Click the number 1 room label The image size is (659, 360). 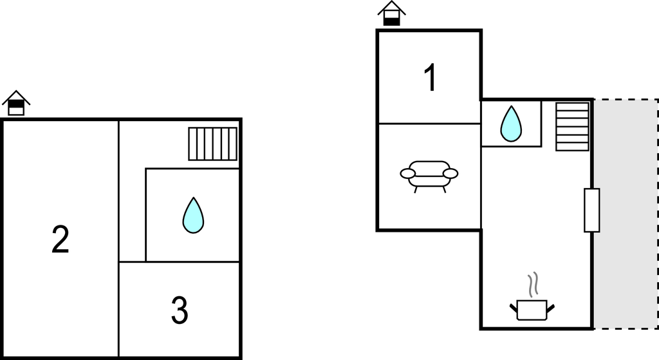pos(431,77)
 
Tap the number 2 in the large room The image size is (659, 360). pos(60,240)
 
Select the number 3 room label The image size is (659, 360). pos(180,310)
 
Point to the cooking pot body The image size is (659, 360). pos(532,310)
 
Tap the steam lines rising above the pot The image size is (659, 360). pos(534,285)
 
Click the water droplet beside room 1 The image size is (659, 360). pos(511,124)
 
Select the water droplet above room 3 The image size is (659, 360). pos(193,215)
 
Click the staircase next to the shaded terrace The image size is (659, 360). pos(572,127)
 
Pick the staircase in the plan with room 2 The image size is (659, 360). pos(212,144)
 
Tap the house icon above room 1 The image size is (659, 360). pos(392,13)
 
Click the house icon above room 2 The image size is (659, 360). pos(16,102)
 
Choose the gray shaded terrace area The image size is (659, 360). pos(626,214)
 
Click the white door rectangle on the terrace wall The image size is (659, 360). pos(592,211)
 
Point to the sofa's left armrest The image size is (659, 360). pos(407,173)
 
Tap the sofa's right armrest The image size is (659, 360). pos(450,173)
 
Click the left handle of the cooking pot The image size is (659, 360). pos(514,308)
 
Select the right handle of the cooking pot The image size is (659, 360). pos(551,308)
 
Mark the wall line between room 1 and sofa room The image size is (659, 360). pos(429,124)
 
